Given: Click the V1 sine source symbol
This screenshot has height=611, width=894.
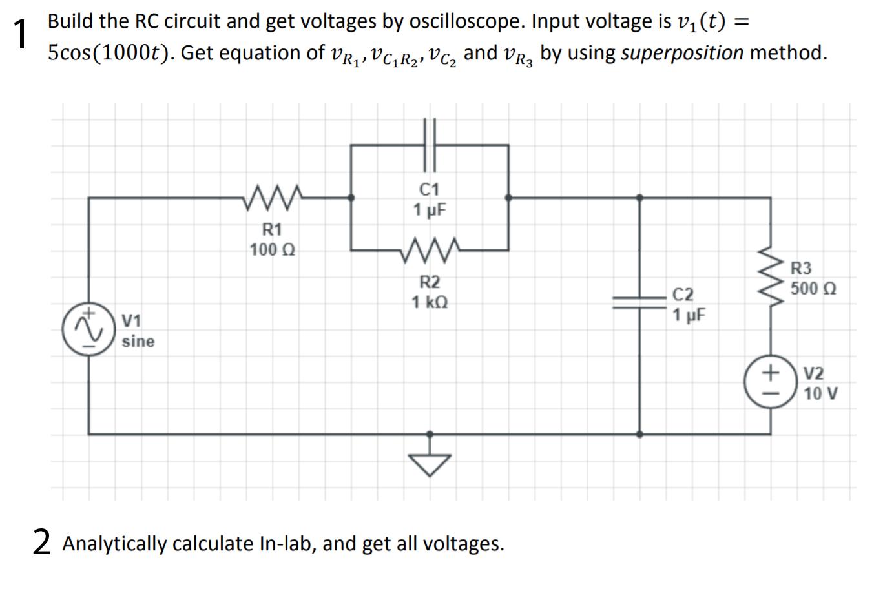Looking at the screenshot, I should (x=88, y=329).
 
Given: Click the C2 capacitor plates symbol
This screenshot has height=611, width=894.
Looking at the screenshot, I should (x=640, y=304).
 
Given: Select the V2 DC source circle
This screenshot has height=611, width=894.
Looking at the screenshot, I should (x=770, y=382).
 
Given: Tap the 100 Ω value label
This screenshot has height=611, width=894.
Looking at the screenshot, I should (x=272, y=250).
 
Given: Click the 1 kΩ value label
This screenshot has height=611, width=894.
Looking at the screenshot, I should (x=430, y=302).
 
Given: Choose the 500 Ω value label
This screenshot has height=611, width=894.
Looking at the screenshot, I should (x=813, y=289).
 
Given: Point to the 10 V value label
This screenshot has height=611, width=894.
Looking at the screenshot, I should (x=820, y=393).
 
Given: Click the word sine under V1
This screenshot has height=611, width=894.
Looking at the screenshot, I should (x=138, y=341).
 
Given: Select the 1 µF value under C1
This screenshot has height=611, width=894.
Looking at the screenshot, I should (x=430, y=210).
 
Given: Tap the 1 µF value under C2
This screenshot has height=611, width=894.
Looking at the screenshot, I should (x=689, y=315).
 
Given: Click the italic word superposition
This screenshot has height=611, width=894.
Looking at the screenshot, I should (x=681, y=53).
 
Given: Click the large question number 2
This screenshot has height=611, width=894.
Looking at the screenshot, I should (x=42, y=541).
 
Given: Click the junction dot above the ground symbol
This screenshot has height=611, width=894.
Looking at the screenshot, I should (x=430, y=434).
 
